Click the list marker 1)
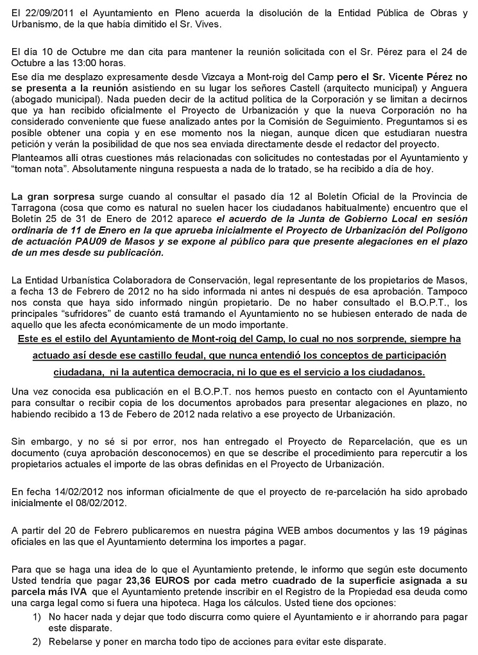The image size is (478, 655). click(x=37, y=616)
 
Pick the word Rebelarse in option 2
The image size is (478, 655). click(x=70, y=642)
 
